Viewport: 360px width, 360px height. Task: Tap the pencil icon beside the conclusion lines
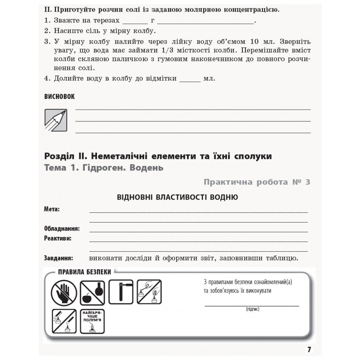pos(56,120)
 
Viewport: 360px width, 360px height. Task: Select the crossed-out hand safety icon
pos(64,292)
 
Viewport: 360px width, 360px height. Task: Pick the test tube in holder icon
pos(121,292)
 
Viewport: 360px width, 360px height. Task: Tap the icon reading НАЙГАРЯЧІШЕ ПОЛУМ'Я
pos(92,321)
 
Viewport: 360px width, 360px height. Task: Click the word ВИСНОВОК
pos(59,97)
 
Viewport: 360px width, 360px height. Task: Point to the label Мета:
pos(52,209)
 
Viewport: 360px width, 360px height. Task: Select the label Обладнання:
pos(62,229)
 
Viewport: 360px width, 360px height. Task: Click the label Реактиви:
pos(58,238)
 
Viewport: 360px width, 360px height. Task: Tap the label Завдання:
pos(58,258)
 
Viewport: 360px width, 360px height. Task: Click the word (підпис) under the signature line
pos(252,309)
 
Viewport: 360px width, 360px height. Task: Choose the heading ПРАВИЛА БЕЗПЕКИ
pos(84,272)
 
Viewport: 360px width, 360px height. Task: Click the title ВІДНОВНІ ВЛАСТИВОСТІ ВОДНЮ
pos(177,197)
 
